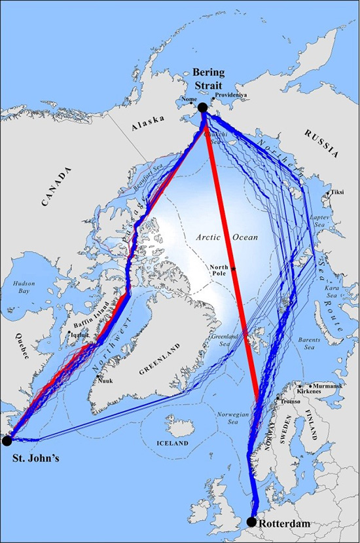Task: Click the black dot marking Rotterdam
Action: tap(252, 521)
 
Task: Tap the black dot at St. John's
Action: tap(7, 440)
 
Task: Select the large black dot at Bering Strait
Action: tap(202, 107)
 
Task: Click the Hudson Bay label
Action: tap(24, 289)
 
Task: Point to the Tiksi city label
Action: tap(338, 193)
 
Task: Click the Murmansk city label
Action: tap(325, 386)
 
